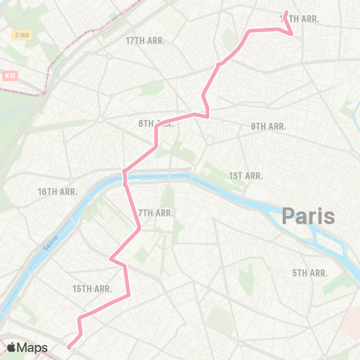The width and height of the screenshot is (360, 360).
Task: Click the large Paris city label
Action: pyautogui.click(x=308, y=217)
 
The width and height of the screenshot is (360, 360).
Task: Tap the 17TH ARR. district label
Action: pyautogui.click(x=145, y=40)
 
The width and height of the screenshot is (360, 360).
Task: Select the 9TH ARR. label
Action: pyautogui.click(x=268, y=127)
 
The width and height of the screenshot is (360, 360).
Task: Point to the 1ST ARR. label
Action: pyautogui.click(x=245, y=175)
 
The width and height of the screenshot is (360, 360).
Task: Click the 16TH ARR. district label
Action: pyautogui.click(x=57, y=192)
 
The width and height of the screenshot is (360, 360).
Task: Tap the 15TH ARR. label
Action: pyautogui.click(x=92, y=289)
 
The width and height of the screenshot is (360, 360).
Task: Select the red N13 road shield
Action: pyautogui.click(x=10, y=75)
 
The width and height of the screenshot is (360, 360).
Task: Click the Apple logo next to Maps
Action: pyautogui.click(x=12, y=347)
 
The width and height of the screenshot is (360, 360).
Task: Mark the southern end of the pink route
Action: pyautogui.click(x=68, y=346)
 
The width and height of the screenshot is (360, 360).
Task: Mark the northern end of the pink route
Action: pyautogui.click(x=286, y=12)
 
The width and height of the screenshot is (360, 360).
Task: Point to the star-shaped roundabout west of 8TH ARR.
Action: pyautogui.click(x=99, y=118)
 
